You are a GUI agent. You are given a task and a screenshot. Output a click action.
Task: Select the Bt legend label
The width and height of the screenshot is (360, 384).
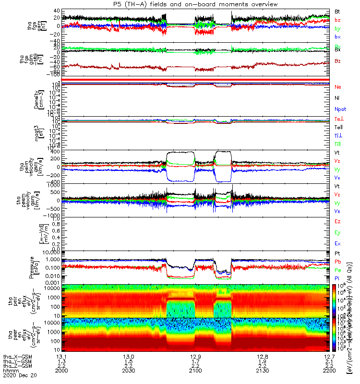coord(337,11)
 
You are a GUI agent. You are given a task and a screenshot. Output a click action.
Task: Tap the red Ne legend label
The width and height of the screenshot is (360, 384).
coord(337,87)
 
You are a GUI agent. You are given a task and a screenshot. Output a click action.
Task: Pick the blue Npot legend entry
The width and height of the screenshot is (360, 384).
coord(340,109)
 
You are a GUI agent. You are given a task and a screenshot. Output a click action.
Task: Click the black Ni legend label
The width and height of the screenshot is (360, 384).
coord(337,98)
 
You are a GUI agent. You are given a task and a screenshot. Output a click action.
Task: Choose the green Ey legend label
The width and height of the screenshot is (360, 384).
coord(337,233)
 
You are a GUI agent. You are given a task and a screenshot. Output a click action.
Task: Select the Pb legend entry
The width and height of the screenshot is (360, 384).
coord(337,262)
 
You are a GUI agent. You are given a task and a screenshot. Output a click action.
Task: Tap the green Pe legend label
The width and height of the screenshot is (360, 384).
coord(337,270)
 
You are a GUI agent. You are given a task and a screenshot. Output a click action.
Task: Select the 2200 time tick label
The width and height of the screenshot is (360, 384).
coord(329,371)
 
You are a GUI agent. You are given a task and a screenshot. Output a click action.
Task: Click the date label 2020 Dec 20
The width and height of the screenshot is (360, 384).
coord(17,376)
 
